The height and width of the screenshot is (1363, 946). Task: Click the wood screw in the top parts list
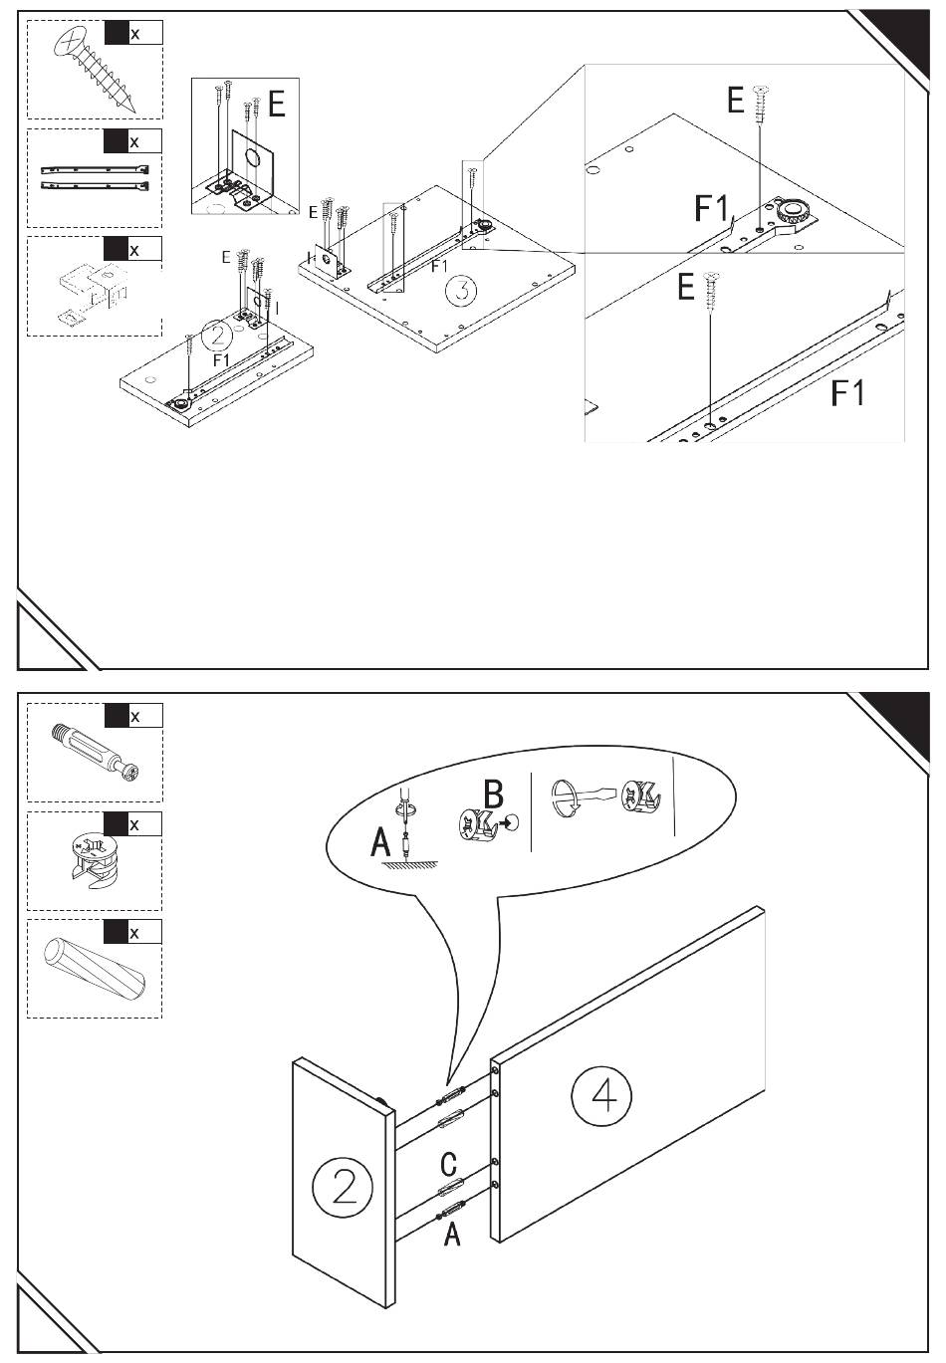pyautogui.click(x=96, y=69)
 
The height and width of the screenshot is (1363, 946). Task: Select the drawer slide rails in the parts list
pyautogui.click(x=96, y=177)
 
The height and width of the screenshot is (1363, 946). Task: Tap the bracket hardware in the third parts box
pyautogui.click(x=90, y=290)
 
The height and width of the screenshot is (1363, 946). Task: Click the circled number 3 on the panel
pyautogui.click(x=461, y=292)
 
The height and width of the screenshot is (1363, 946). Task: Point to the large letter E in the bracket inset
pyautogui.click(x=276, y=104)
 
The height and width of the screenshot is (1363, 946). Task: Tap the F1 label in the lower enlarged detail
pyautogui.click(x=847, y=393)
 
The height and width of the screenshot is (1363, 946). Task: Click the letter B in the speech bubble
pyautogui.click(x=493, y=795)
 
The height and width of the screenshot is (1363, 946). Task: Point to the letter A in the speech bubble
pyautogui.click(x=380, y=843)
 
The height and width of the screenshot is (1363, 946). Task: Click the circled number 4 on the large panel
pyautogui.click(x=601, y=1096)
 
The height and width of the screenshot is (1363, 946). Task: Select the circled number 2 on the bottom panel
pyautogui.click(x=343, y=1188)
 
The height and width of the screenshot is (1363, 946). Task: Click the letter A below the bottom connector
pyautogui.click(x=452, y=1235)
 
